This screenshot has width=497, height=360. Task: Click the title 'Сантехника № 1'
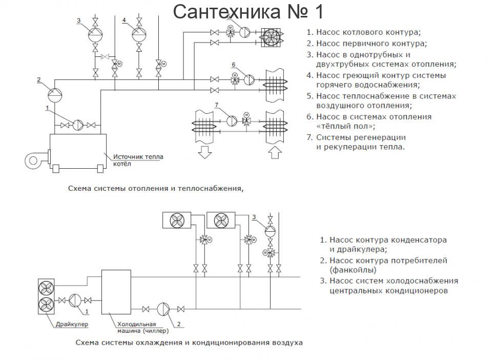point(248,11)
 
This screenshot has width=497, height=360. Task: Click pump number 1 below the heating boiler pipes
point(78,125)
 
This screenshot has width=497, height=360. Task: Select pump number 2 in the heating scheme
point(54,94)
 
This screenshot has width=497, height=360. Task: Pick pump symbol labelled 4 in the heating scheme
point(139,34)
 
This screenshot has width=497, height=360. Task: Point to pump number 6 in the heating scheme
point(249,80)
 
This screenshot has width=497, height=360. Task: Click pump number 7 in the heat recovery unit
point(231,120)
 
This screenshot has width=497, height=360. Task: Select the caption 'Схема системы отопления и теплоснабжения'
point(156,188)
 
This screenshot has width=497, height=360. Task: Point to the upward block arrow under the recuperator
point(274,152)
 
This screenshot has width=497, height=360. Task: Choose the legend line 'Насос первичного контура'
point(371,44)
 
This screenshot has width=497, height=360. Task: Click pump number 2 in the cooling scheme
point(163,308)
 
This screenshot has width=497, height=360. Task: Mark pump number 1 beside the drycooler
point(74,300)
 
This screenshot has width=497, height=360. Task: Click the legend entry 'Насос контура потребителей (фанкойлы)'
point(388,265)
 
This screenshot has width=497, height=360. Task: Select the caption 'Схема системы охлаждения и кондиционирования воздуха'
point(189,342)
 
